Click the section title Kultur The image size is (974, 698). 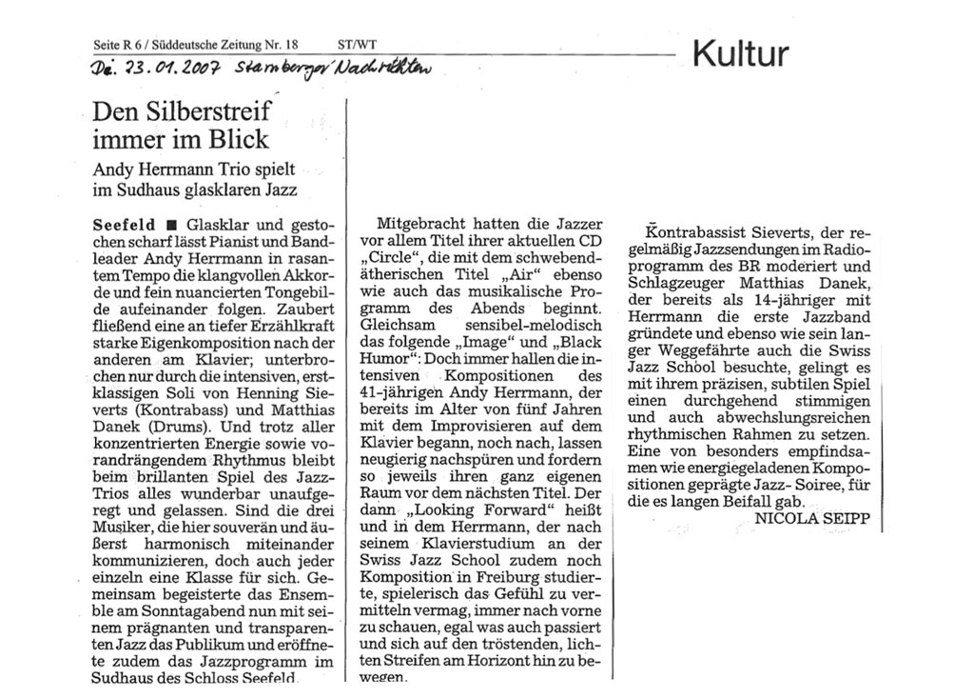[741, 53]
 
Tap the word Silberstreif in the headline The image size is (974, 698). [204, 111]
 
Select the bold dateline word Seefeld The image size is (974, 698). [124, 226]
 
